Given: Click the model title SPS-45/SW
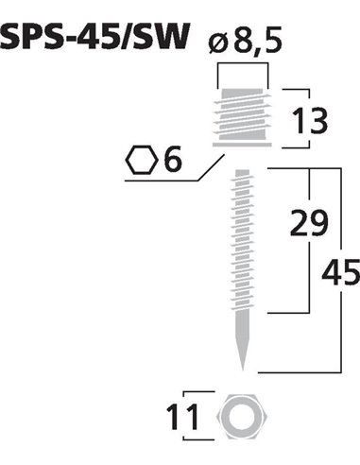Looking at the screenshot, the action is [x=94, y=37].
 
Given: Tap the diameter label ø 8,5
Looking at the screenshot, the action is [x=245, y=41].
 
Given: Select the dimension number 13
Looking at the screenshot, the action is [x=310, y=120].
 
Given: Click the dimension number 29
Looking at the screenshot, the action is [x=309, y=223].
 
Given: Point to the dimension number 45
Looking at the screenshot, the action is [x=340, y=272].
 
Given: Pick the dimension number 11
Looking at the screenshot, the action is [x=182, y=418].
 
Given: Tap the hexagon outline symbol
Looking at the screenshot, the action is [x=142, y=160].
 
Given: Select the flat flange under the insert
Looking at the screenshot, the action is [x=242, y=145].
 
